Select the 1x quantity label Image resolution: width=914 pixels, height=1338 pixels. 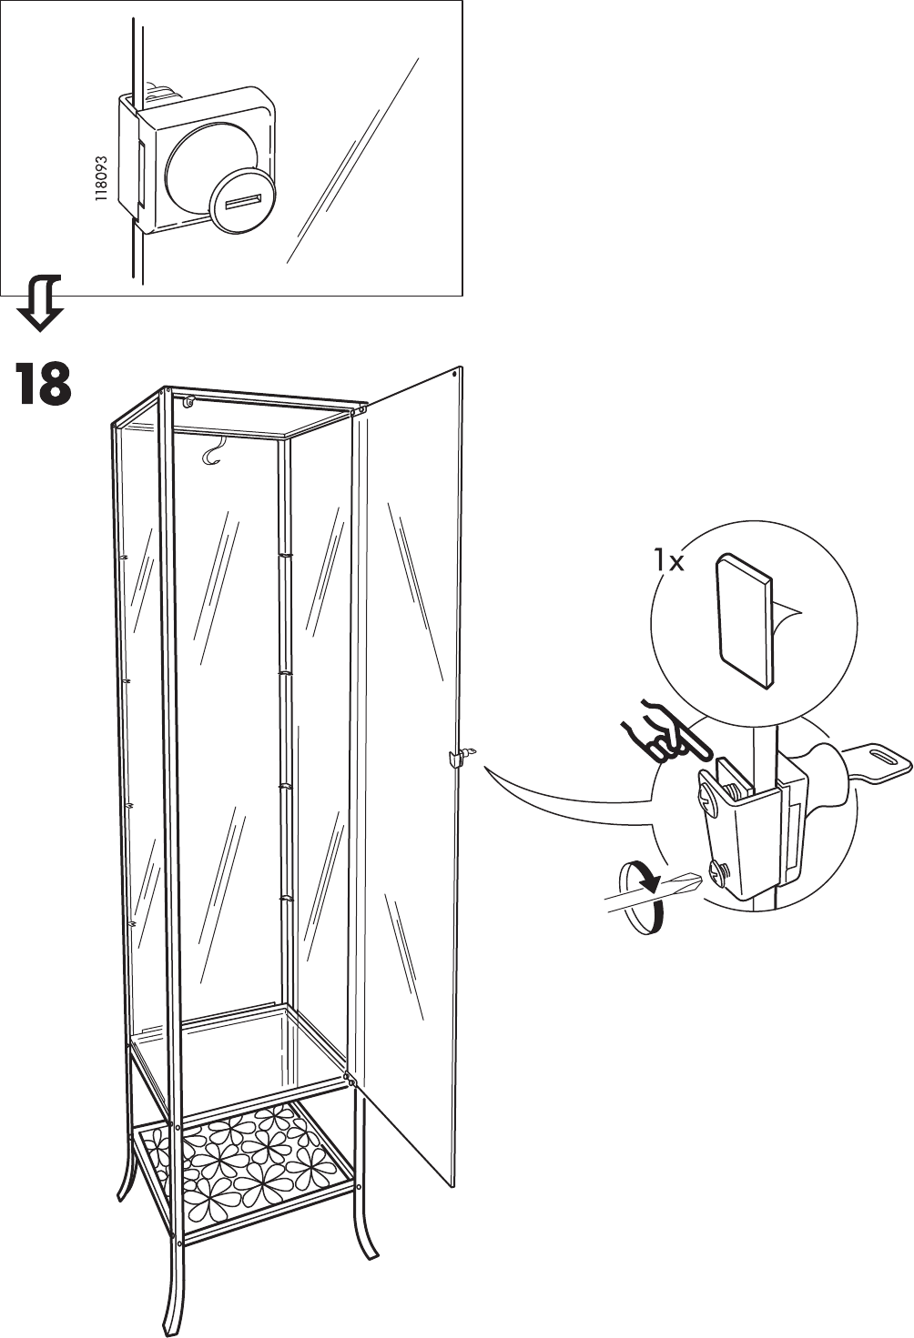click(669, 562)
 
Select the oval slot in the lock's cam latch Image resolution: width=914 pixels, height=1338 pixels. click(884, 757)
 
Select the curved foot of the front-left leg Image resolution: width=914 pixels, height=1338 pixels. click(171, 1310)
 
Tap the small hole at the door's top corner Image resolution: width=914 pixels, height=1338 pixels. click(456, 372)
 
